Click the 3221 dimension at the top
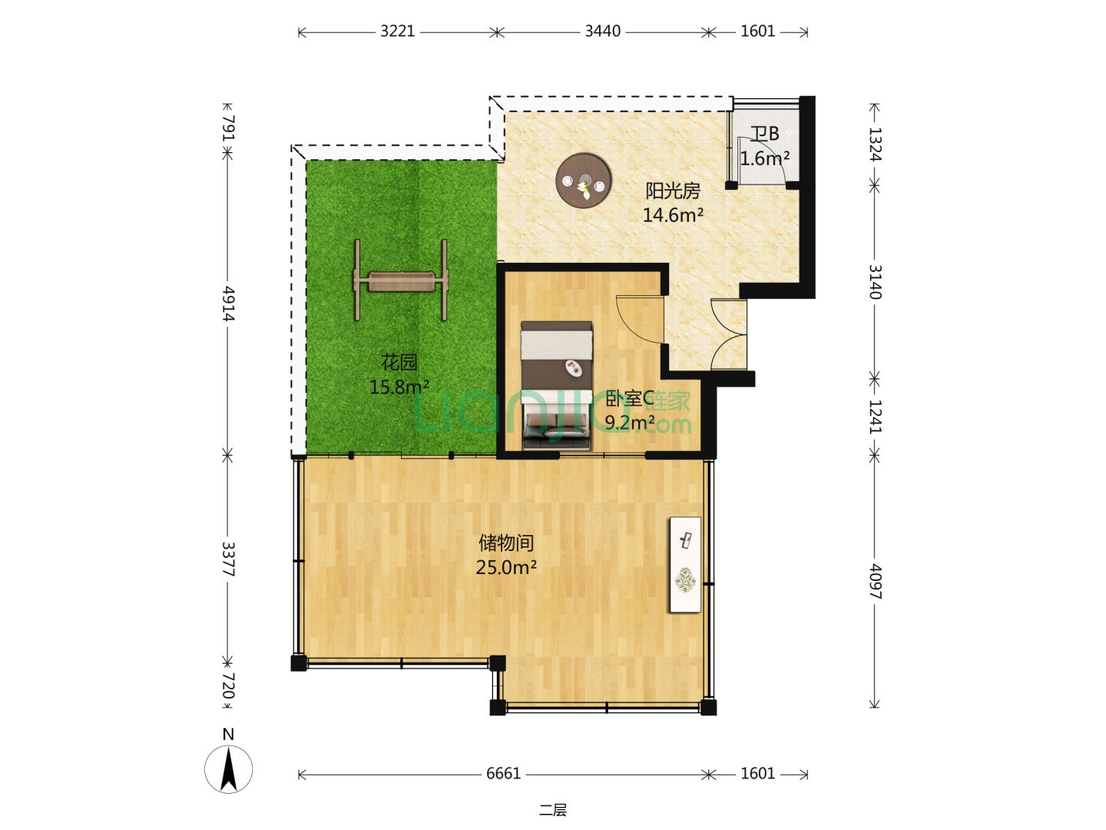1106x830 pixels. [x=398, y=32]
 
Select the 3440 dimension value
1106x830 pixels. [x=602, y=32]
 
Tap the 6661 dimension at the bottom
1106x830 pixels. [x=503, y=774]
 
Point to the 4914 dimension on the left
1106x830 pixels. [x=229, y=304]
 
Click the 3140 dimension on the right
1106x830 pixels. [x=876, y=282]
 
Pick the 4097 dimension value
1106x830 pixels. [x=876, y=581]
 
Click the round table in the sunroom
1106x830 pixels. [x=584, y=180]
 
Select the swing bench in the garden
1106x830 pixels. [x=401, y=281]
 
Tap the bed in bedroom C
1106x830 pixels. [x=556, y=385]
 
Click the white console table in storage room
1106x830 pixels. [x=685, y=564]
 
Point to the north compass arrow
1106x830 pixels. [x=229, y=769]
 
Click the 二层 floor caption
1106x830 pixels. [x=553, y=810]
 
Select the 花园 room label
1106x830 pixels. [x=399, y=362]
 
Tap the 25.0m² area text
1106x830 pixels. [x=506, y=567]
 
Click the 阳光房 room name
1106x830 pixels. [x=673, y=191]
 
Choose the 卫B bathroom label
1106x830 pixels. [x=764, y=134]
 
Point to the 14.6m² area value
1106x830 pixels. [x=673, y=215]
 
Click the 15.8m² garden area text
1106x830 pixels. [x=399, y=387]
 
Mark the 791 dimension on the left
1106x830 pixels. [x=229, y=128]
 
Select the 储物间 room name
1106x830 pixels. [x=506, y=543]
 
